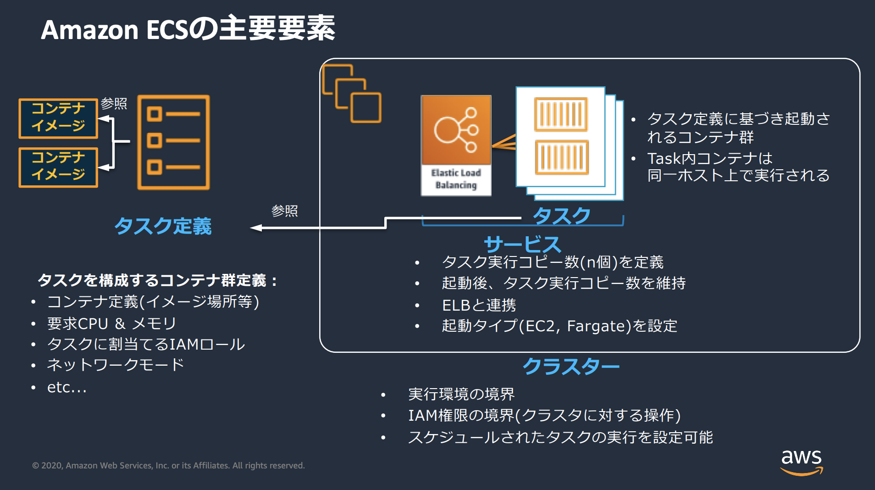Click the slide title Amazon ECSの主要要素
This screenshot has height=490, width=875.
tap(188, 29)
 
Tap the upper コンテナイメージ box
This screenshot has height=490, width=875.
tap(58, 118)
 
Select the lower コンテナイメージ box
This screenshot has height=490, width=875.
tap(58, 167)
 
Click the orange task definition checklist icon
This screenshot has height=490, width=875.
tap(173, 142)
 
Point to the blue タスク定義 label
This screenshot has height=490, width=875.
tap(163, 226)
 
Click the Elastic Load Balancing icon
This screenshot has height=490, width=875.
tap(456, 145)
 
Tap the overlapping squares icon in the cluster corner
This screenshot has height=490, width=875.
tap(351, 94)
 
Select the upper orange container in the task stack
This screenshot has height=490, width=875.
tap(560, 114)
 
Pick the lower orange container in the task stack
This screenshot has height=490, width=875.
tap(561, 157)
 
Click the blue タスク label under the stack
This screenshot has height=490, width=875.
tap(561, 216)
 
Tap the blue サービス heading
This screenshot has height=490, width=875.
tap(522, 244)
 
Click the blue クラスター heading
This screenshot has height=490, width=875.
tap(571, 366)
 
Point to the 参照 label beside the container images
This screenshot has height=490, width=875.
tap(114, 104)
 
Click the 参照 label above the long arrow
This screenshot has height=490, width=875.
tap(284, 211)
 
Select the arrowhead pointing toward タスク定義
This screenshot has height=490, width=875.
tap(256, 228)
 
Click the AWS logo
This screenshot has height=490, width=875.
tap(801, 462)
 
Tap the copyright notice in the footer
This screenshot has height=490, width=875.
tap(168, 465)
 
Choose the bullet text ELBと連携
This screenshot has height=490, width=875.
tap(479, 305)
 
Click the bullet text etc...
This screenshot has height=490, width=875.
tap(66, 388)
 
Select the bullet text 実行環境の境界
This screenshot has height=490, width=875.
tap(461, 394)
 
